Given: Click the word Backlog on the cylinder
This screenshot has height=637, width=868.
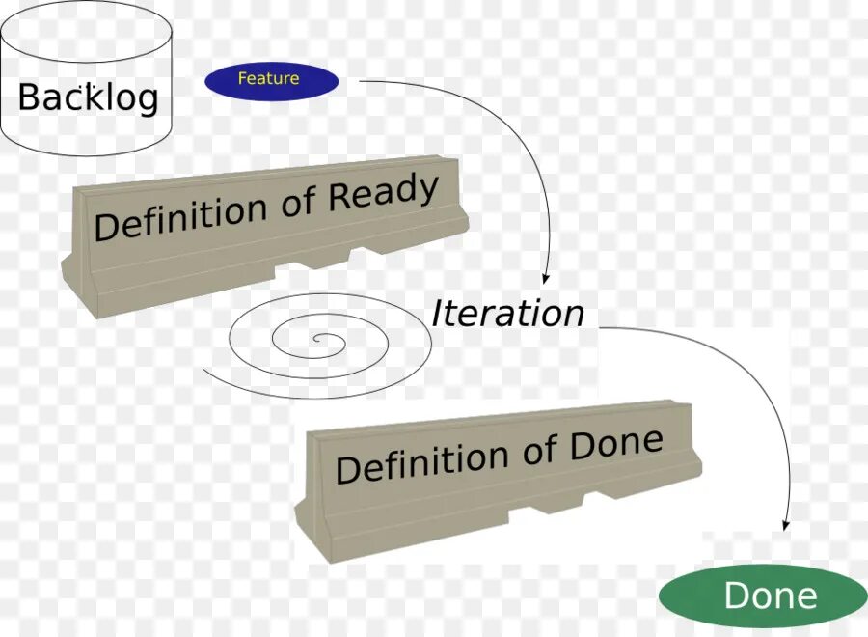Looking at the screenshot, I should [x=88, y=97].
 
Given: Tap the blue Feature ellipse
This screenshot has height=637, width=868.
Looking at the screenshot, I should [x=271, y=80].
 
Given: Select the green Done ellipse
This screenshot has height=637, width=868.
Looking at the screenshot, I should [x=763, y=595].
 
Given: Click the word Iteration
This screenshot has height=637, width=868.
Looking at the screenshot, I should [x=507, y=314].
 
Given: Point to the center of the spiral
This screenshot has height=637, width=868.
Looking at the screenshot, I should [x=319, y=340].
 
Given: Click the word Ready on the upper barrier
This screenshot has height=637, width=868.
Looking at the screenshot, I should [x=383, y=196].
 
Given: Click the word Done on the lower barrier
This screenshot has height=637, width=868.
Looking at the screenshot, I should [x=616, y=445].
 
